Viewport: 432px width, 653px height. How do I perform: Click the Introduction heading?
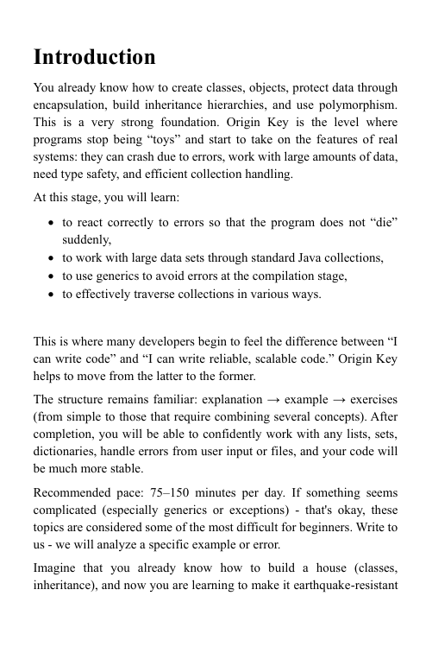[x=95, y=58]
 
